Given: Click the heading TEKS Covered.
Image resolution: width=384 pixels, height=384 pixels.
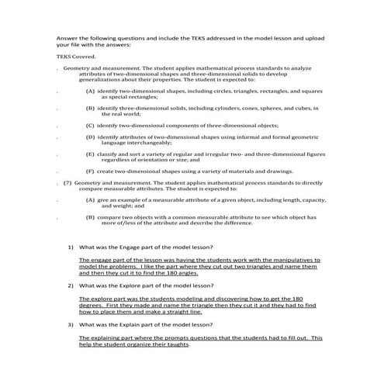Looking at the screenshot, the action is (x=72, y=56).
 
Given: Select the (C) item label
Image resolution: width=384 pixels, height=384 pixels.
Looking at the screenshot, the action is (x=90, y=125).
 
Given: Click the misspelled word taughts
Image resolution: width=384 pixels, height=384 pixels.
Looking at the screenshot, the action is (x=174, y=344).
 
